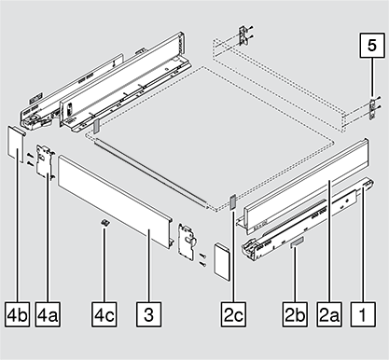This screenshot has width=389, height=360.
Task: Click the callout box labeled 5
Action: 372,45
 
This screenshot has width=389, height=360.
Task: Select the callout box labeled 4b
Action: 18,314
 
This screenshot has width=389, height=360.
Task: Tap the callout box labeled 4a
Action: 48,314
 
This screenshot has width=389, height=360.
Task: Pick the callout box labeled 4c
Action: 104,314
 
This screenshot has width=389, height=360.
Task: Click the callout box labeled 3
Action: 148,314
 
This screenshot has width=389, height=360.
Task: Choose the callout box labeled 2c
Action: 233,314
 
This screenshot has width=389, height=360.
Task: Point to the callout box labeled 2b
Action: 295,314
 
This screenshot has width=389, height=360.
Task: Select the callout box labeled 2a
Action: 329,314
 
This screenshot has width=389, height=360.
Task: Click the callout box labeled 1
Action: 363,314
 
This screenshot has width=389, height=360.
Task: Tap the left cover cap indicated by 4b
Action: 16,144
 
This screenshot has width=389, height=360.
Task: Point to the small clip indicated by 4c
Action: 105,223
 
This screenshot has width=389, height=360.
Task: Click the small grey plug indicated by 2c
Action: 233,203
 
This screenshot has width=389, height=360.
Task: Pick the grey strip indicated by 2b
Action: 297,242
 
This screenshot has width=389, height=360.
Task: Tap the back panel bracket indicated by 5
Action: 372,109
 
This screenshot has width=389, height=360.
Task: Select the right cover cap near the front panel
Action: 221,262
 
